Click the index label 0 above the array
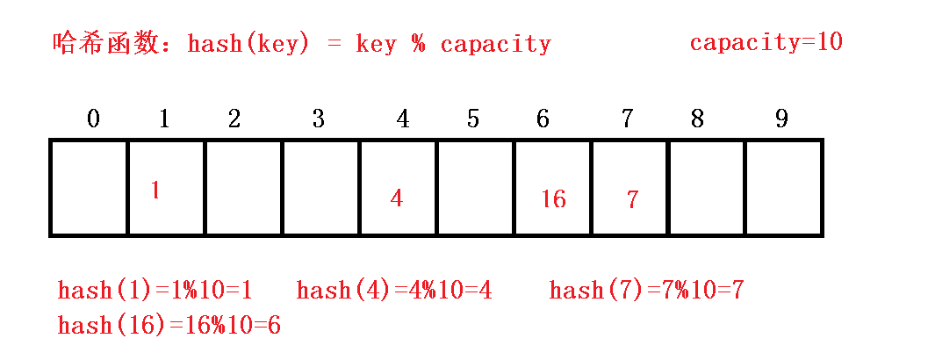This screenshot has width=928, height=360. [x=94, y=119]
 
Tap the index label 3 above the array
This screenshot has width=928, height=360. [x=319, y=119]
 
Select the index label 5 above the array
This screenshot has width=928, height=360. [x=473, y=119]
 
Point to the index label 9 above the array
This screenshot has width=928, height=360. [x=781, y=119]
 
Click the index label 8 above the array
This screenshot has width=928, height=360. [x=697, y=119]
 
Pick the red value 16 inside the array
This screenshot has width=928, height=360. [x=553, y=199]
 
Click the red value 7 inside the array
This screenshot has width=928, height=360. [x=632, y=199]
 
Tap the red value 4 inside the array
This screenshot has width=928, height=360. [x=397, y=198]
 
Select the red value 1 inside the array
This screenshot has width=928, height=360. [x=155, y=191]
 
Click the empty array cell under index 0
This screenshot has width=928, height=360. [x=89, y=187]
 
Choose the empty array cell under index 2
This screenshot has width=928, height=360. [x=243, y=187]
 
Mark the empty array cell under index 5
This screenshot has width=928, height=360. [x=475, y=187]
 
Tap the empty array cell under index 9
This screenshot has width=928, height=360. [x=784, y=187]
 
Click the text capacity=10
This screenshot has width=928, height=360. [x=766, y=42]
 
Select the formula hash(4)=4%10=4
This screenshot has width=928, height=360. [x=394, y=291]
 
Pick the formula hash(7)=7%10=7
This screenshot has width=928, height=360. [x=646, y=291]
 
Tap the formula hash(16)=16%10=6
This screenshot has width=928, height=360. [x=169, y=326]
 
